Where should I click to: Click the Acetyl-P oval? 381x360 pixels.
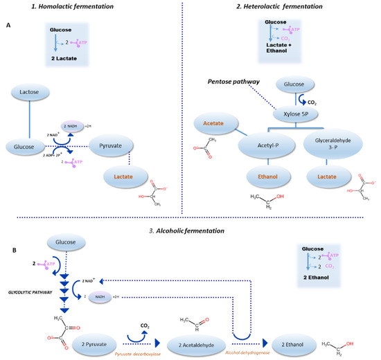tap(267, 146)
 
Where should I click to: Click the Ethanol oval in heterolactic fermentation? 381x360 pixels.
tap(267, 177)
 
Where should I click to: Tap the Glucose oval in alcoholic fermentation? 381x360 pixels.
tap(66, 242)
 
